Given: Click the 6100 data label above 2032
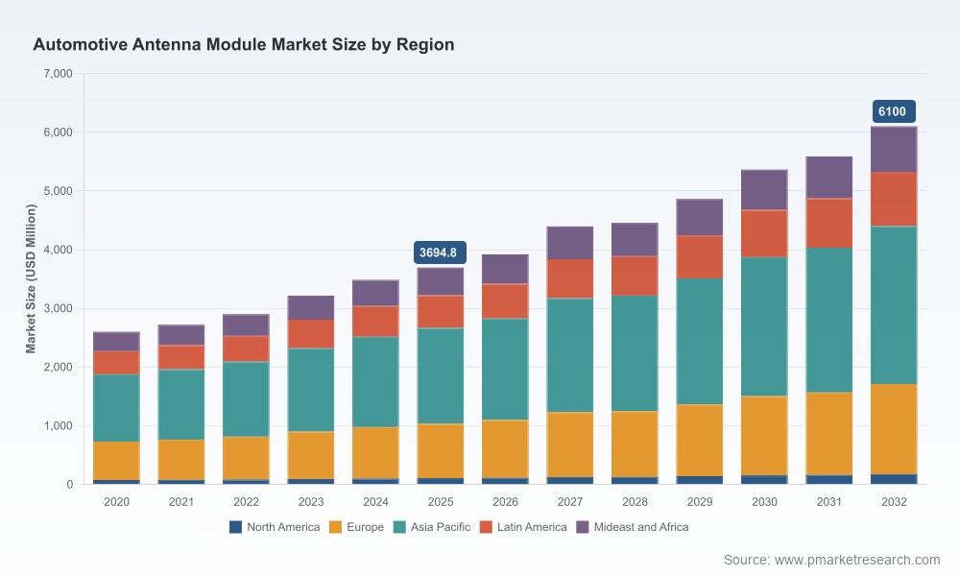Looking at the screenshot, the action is [x=893, y=111].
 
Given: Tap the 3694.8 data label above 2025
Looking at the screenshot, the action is [x=440, y=252].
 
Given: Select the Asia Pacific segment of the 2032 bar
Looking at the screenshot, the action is [x=893, y=305].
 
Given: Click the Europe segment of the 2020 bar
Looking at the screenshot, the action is [x=116, y=460].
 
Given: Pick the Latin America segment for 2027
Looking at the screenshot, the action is [x=570, y=278].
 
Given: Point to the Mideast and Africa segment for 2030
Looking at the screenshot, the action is [x=764, y=190].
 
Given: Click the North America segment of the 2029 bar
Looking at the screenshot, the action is [x=699, y=480].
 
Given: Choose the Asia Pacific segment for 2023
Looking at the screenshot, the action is [x=311, y=390].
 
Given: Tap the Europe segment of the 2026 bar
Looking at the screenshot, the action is [x=505, y=448].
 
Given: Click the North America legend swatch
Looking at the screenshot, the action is [x=236, y=527].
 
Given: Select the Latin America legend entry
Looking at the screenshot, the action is [x=523, y=527].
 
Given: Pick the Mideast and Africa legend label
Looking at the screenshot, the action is [x=641, y=527].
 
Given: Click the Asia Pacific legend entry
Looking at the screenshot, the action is [x=432, y=527].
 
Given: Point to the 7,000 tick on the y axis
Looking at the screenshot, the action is [x=59, y=74].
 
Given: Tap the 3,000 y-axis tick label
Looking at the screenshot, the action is [x=59, y=308].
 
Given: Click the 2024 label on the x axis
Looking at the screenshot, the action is [x=375, y=502].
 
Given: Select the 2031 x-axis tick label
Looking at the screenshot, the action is [x=829, y=502].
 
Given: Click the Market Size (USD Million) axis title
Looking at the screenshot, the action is [x=31, y=278].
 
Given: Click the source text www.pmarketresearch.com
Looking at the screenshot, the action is [x=857, y=560].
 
